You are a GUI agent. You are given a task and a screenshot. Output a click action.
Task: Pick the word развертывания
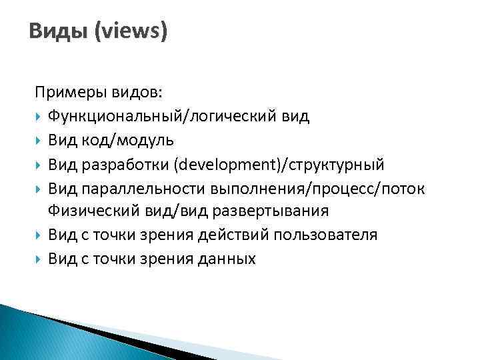pyautogui.click(x=267, y=211)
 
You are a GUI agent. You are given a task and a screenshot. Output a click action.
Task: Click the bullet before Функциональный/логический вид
pyautogui.click(x=39, y=117)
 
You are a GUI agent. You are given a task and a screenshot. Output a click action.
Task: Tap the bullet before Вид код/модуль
pyautogui.click(x=39, y=141)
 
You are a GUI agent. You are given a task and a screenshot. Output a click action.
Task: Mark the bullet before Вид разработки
pyautogui.click(x=39, y=165)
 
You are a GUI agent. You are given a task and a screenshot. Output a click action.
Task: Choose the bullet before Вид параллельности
pyautogui.click(x=39, y=189)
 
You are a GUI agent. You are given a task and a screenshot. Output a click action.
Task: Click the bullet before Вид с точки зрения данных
pyautogui.click(x=39, y=259)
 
